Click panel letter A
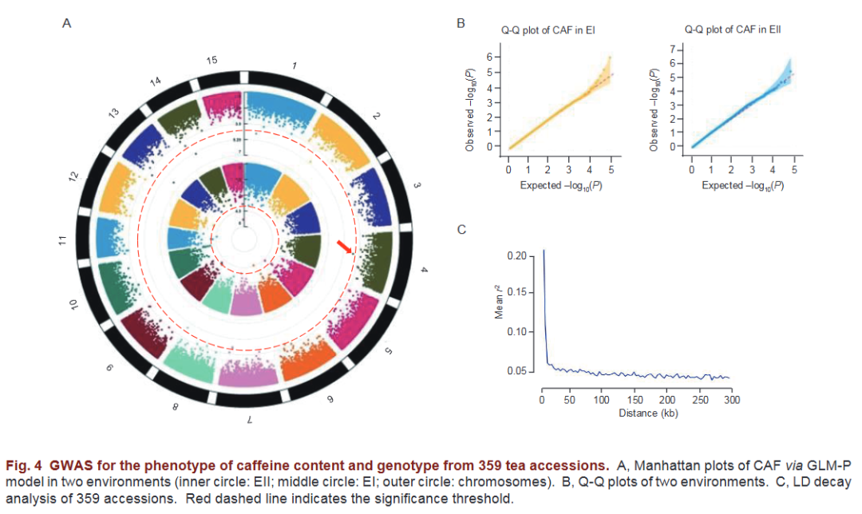[x=67, y=24]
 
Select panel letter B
[x=461, y=24]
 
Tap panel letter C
[x=461, y=231]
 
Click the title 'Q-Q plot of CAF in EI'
[x=548, y=30]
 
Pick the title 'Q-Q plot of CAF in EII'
[x=732, y=30]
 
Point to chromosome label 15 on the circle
[x=212, y=61]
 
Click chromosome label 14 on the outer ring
[x=155, y=81]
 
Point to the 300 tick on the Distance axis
[x=732, y=399]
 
